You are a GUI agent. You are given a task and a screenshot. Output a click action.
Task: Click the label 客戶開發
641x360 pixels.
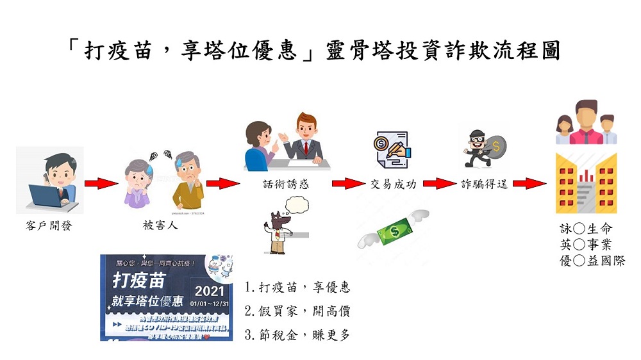[49, 225]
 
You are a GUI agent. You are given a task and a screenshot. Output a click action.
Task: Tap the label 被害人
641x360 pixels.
[160, 225]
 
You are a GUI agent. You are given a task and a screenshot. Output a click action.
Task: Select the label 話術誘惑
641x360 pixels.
[286, 184]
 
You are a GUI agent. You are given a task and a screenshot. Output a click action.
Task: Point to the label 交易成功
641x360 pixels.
[394, 184]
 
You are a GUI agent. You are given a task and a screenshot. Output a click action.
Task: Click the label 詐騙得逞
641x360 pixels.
[485, 184]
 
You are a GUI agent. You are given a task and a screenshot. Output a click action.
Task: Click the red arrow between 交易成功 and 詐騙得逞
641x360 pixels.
[438, 184]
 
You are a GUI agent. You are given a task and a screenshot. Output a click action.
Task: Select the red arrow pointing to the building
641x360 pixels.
[529, 184]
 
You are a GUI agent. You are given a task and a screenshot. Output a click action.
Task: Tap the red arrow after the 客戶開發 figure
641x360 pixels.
[101, 184]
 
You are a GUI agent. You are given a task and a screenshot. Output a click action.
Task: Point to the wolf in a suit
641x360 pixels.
[278, 230]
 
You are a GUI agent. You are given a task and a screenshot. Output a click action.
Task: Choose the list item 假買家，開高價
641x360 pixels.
[298, 311]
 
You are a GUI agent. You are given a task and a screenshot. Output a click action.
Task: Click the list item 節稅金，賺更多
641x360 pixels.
[298, 334]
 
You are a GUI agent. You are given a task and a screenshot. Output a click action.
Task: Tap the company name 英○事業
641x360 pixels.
[586, 244]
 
